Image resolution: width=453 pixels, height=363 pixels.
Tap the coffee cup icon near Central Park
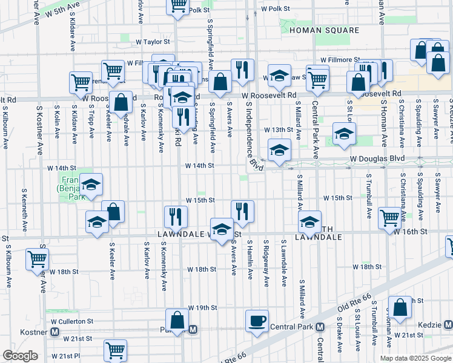(x=257, y=321)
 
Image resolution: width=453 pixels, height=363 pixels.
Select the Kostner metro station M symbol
(x=55, y=332)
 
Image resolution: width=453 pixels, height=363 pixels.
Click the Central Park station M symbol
(x=319, y=327)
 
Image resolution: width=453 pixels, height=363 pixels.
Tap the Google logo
(x=21, y=356)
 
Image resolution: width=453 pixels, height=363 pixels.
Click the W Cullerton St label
(x=72, y=321)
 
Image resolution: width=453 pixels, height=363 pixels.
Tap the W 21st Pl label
(x=66, y=356)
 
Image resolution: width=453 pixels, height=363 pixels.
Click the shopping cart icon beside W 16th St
(x=389, y=217)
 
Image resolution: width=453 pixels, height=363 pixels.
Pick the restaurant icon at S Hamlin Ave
(x=242, y=211)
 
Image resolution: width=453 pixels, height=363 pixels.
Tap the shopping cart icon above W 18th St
(x=38, y=259)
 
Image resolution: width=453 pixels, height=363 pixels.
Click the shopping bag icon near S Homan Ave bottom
(x=400, y=307)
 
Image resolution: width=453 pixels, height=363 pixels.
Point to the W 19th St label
(x=202, y=308)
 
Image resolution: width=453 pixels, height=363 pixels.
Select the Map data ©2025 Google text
(x=415, y=358)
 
